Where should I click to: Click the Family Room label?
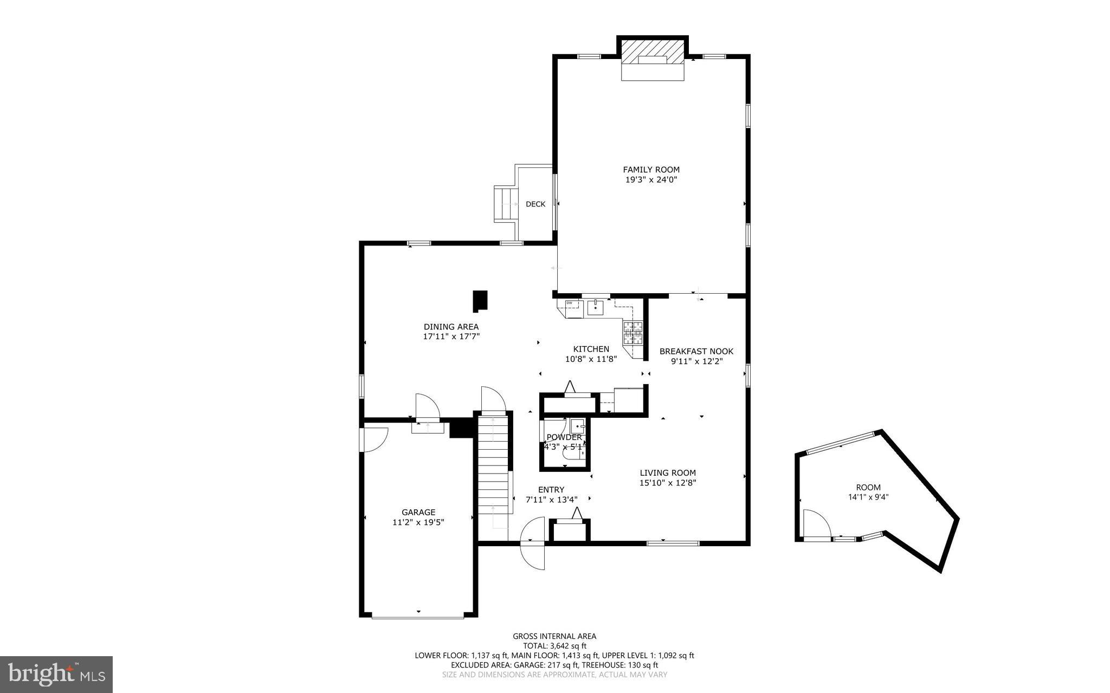point(651,170)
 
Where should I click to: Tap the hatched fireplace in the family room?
point(653,53)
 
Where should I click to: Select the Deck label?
point(535,204)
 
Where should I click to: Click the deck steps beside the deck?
point(506,204)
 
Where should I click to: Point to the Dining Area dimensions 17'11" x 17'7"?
point(451,336)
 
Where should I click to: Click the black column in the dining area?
point(480,301)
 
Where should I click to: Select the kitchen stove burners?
point(633,333)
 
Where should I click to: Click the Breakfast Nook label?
point(696,352)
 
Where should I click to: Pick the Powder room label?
point(564,437)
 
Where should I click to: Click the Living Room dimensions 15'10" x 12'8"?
point(667,483)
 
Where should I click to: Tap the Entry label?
point(551,490)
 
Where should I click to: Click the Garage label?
point(418,513)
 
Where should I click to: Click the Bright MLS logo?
point(56,674)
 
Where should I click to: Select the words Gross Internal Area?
point(554,637)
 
